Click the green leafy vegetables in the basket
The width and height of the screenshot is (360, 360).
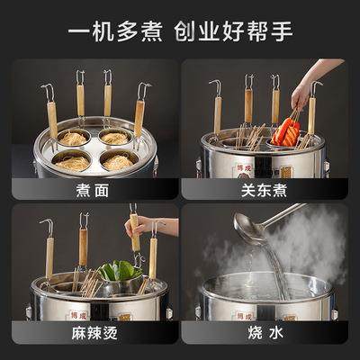118,271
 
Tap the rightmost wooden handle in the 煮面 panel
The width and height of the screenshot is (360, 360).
139,117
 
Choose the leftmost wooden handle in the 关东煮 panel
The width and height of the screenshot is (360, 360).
218,112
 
